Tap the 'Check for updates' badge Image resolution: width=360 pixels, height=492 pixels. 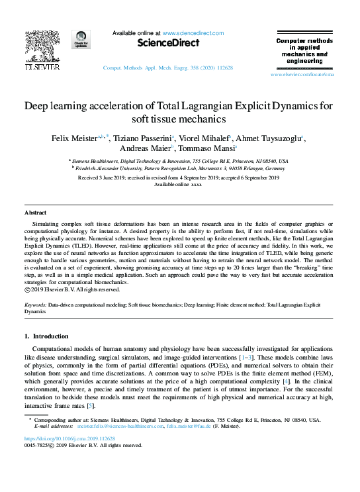(81, 40)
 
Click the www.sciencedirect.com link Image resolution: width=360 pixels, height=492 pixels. (193, 32)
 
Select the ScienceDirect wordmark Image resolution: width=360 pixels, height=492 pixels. (168, 43)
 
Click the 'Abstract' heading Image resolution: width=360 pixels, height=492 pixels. (35, 213)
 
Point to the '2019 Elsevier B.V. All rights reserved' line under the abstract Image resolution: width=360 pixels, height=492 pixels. (76, 289)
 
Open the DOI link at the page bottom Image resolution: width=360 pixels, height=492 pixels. (69, 438)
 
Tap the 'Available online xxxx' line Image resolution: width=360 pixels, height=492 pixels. (178, 184)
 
